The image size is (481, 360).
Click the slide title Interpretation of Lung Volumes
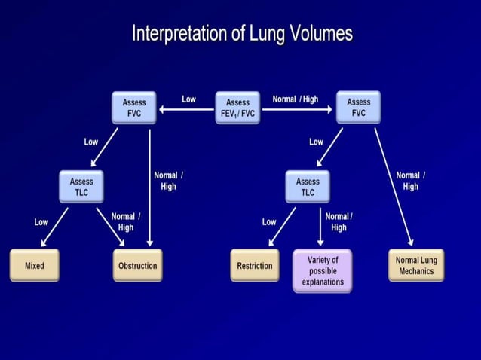click(241, 33)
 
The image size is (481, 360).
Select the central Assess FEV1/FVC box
click(237, 108)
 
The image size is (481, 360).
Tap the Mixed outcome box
click(34, 265)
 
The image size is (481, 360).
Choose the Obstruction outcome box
click(137, 265)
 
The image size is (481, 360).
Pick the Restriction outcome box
click(254, 265)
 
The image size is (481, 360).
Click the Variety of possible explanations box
click(322, 270)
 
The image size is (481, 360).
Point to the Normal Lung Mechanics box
click(416, 265)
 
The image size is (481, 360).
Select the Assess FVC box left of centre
click(134, 108)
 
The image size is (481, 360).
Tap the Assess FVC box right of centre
click(358, 108)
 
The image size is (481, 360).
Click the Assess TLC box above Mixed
click(81, 186)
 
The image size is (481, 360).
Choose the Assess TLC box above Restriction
click(308, 186)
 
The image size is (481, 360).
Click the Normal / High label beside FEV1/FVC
click(295, 99)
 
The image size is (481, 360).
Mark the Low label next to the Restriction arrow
click(269, 222)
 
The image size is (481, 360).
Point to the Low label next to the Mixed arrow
click(41, 222)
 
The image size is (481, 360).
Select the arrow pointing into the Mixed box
click(54, 227)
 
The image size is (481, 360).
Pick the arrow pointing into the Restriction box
click(282, 227)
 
